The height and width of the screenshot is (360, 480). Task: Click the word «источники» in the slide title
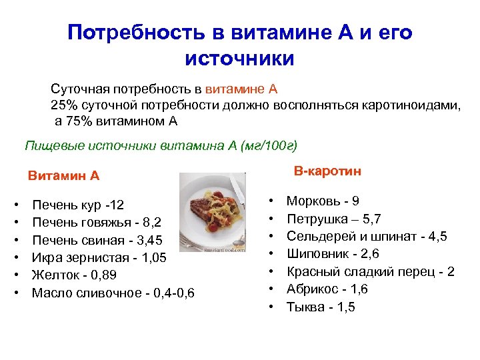[x=239, y=58]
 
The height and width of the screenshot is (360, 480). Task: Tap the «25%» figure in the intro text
[x=64, y=105]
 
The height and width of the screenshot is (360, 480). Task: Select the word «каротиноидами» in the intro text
[x=411, y=105]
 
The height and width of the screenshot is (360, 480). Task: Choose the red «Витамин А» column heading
[x=63, y=176]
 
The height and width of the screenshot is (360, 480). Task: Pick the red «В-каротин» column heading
[x=327, y=171]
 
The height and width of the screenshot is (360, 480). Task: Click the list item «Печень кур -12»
[x=78, y=204]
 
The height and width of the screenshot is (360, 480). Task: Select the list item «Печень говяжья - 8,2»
[x=96, y=221]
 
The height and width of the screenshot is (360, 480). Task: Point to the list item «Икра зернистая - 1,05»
[x=99, y=257]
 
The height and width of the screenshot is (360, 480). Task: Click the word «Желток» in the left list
[x=54, y=275]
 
